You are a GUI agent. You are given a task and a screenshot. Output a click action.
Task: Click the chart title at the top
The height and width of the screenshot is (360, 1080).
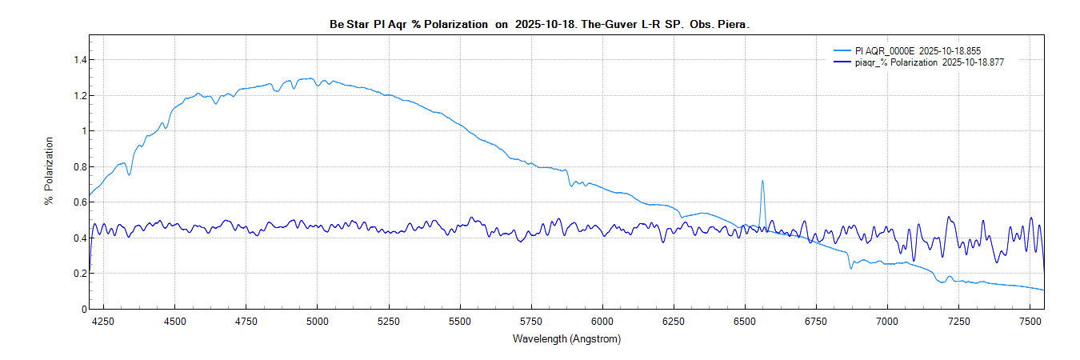tap(539, 25)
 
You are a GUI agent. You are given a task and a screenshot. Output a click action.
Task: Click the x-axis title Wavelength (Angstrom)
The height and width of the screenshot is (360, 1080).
tap(566, 338)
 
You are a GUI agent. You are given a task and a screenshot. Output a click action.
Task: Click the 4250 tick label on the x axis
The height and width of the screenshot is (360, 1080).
tap(103, 321)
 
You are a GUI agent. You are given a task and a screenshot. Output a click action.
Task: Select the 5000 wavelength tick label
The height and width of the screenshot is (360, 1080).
tap(318, 321)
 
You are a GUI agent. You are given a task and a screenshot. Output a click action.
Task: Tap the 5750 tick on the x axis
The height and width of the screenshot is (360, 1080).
tap(531, 321)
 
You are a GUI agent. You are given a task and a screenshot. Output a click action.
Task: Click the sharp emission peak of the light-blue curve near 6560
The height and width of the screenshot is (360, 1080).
tap(762, 181)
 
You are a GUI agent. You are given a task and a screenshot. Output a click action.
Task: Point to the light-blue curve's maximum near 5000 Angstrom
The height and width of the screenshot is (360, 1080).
tap(309, 78)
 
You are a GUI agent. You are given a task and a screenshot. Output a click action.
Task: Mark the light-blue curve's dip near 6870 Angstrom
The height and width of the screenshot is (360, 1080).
tap(851, 267)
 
